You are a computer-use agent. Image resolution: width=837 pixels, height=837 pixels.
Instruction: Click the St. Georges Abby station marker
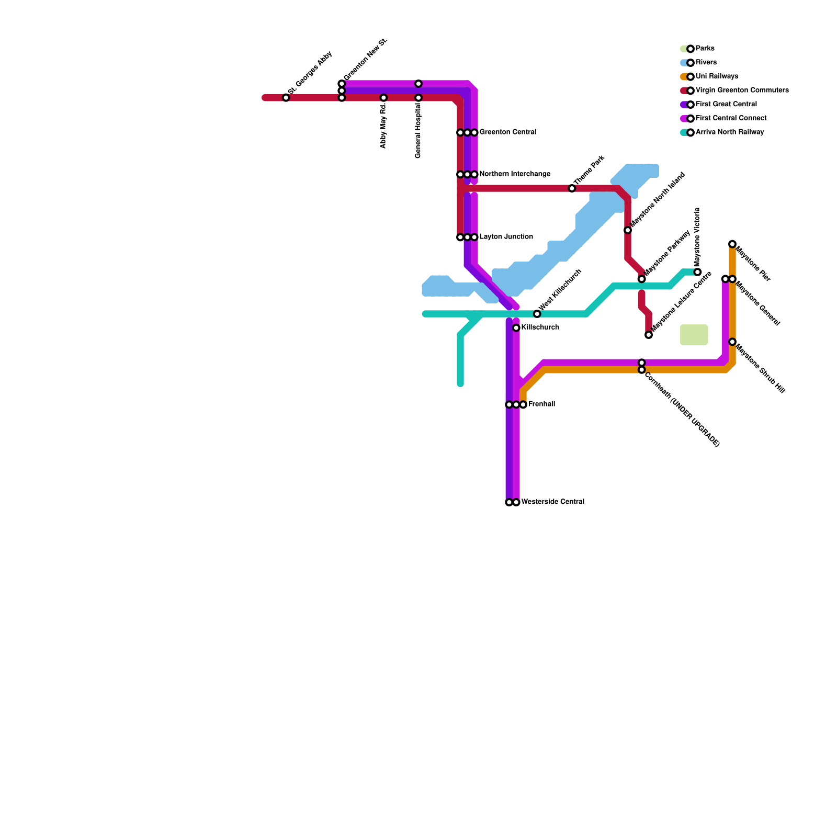286,98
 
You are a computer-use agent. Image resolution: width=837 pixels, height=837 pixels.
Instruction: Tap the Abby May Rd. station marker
383,98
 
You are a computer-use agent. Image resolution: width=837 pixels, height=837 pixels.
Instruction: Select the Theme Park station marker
572,188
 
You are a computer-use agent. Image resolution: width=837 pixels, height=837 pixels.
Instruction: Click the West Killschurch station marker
537,314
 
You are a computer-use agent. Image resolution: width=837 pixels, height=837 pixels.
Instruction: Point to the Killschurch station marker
516,328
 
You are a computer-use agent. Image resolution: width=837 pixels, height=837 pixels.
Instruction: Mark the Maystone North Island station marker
628,230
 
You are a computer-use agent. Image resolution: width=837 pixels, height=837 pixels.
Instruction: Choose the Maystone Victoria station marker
697,272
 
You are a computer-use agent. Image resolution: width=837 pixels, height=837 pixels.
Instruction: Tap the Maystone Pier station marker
732,244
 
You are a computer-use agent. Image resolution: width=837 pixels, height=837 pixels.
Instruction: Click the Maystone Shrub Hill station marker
732,342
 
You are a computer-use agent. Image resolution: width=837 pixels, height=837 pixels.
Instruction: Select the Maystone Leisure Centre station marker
649,335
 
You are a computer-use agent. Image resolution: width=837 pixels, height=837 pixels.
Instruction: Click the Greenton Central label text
507,132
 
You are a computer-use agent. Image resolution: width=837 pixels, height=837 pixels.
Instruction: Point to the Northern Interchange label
515,174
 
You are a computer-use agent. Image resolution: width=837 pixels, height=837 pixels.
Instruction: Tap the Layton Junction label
506,237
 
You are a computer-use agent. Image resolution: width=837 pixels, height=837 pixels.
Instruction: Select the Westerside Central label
552,502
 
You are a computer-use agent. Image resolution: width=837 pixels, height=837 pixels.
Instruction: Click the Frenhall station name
541,404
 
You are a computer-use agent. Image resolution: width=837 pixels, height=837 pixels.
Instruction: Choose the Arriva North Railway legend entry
729,132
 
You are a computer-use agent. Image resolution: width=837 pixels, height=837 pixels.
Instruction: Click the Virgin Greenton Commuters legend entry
742,91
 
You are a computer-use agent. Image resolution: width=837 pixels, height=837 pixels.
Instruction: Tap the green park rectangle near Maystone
694,335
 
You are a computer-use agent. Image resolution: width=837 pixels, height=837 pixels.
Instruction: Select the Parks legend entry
705,49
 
